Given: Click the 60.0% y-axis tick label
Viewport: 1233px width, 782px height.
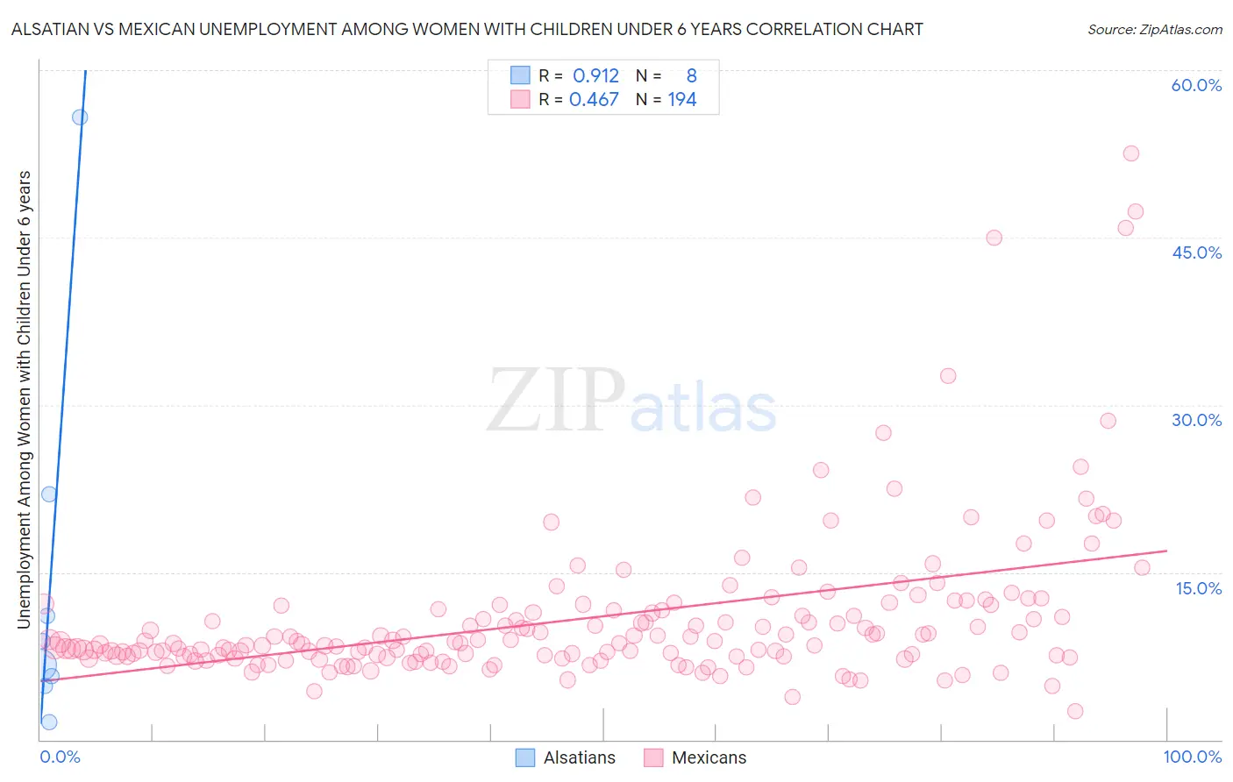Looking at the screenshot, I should pyautogui.click(x=1196, y=85).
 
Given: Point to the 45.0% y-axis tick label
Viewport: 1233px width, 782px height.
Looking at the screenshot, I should pyautogui.click(x=1196, y=252).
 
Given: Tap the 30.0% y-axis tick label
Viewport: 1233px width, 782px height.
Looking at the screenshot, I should pyautogui.click(x=1196, y=420).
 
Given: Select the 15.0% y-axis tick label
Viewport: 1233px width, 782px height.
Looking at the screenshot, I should pyautogui.click(x=1198, y=588).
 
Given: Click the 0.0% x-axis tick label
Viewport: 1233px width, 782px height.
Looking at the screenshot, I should pyautogui.click(x=61, y=757).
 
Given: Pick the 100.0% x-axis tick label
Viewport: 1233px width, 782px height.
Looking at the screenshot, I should pyautogui.click(x=1192, y=757).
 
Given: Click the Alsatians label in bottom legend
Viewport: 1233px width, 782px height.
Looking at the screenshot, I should pyautogui.click(x=579, y=757).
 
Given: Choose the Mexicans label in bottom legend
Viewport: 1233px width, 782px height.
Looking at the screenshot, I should pyautogui.click(x=709, y=757).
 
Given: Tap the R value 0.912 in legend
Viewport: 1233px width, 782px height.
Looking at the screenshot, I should pyautogui.click(x=595, y=76).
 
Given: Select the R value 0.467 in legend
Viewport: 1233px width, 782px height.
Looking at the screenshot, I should pyautogui.click(x=594, y=100).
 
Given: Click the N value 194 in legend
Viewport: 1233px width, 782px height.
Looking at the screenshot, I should pyautogui.click(x=681, y=100).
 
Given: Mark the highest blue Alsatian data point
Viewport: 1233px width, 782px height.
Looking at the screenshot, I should pyautogui.click(x=80, y=117).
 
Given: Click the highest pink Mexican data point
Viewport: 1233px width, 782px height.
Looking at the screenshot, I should pyautogui.click(x=1131, y=153).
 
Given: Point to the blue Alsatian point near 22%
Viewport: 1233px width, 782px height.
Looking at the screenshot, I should pyautogui.click(x=49, y=494).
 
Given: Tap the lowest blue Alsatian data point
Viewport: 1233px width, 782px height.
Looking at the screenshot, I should pyautogui.click(x=49, y=722).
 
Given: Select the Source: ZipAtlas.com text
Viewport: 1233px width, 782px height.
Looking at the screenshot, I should pyautogui.click(x=1154, y=29).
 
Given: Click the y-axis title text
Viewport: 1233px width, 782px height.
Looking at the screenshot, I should pyautogui.click(x=24, y=399).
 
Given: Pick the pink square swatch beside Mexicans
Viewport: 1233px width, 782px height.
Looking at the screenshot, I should pyautogui.click(x=653, y=757).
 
